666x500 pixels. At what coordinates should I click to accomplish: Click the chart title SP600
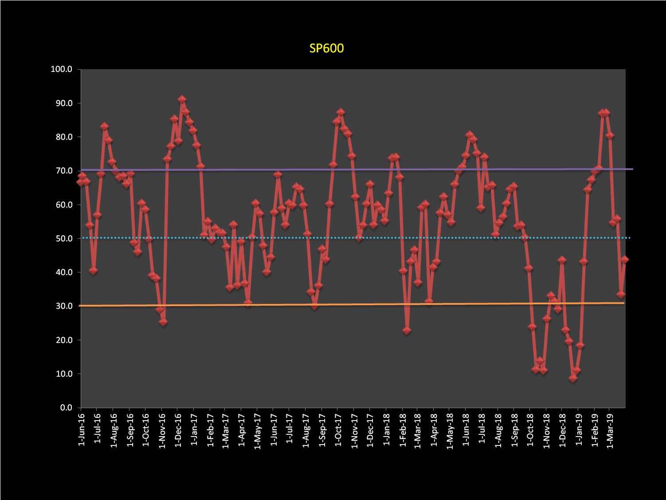tap(326, 48)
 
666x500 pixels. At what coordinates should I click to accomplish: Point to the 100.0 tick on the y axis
tap(61, 69)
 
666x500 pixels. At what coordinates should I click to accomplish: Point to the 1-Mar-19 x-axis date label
tap(610, 430)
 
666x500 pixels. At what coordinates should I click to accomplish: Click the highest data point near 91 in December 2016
tap(182, 99)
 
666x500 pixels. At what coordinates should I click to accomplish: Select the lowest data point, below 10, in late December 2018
tap(573, 378)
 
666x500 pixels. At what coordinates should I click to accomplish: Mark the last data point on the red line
tap(624, 260)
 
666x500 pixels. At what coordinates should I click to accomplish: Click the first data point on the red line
tap(80, 182)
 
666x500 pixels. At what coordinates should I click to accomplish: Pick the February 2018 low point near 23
tap(407, 331)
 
